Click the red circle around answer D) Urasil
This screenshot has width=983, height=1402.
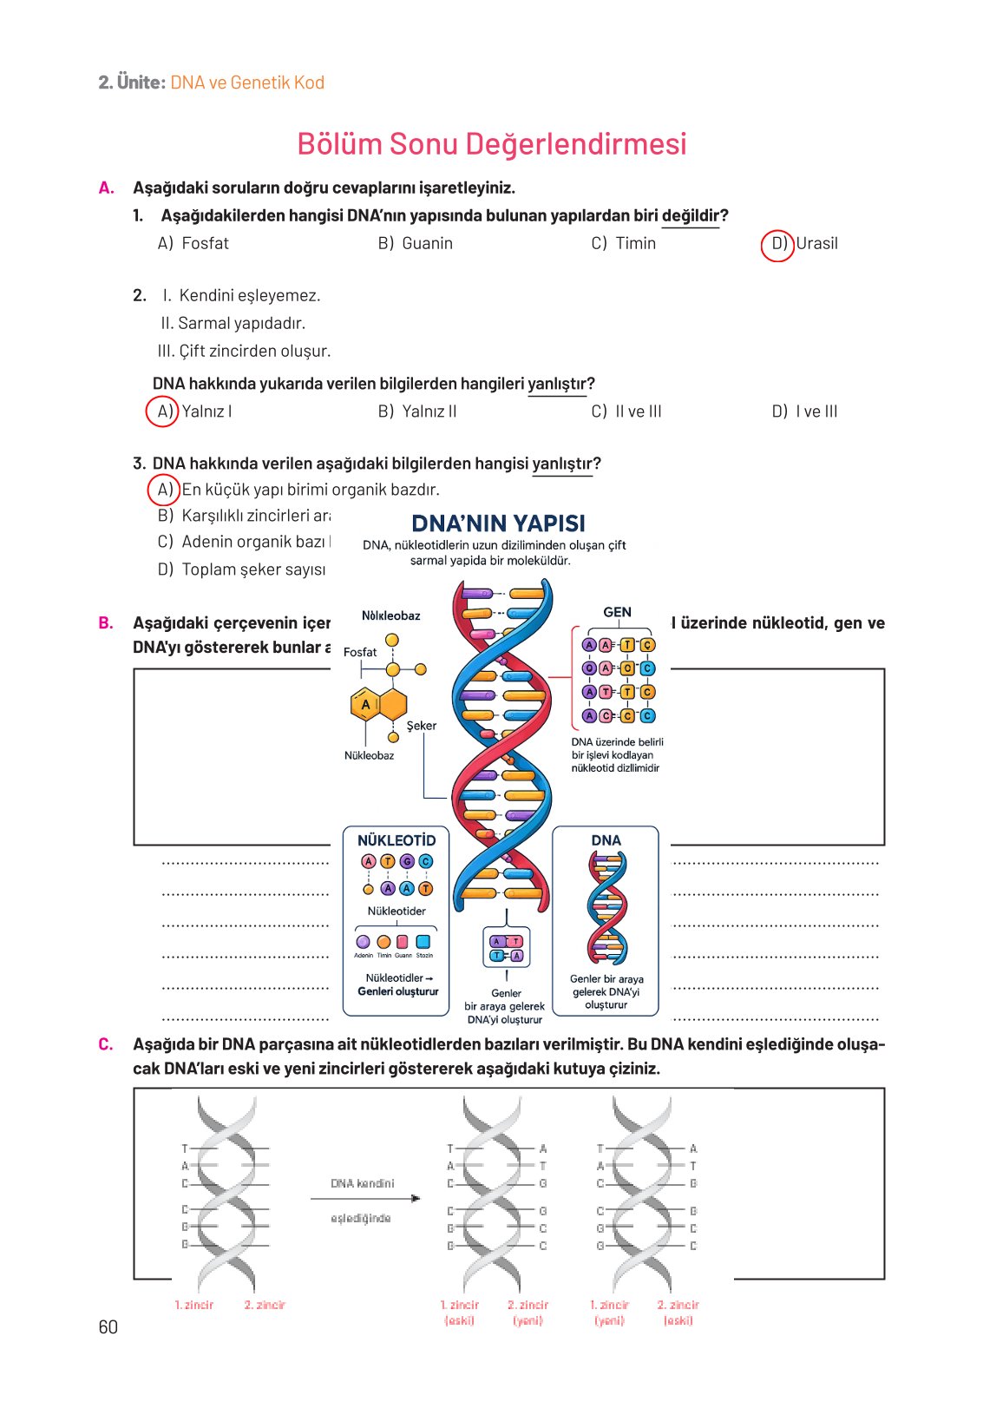coord(777,245)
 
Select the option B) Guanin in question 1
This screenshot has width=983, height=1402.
coord(416,244)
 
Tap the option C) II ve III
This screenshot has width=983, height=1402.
coord(626,411)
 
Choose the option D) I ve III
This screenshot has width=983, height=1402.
coord(804,411)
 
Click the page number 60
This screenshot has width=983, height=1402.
coord(108,1326)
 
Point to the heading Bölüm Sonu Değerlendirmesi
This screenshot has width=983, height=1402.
coord(491,144)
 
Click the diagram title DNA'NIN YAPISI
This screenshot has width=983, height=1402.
coord(498,523)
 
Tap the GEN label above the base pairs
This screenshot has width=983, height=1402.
coord(617,612)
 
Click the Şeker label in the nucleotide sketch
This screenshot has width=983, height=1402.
coord(422,726)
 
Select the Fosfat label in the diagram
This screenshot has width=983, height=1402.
coord(360,652)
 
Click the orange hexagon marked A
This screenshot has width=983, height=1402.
coord(366,704)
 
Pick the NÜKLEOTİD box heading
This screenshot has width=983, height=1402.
coord(396,840)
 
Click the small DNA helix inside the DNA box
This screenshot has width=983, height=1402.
coord(606,907)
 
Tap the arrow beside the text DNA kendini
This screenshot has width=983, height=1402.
coord(365,1199)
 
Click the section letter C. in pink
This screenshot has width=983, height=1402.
coord(106,1044)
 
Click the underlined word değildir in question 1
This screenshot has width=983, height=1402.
coord(690,215)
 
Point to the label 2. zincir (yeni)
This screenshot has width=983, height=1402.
coord(528,1313)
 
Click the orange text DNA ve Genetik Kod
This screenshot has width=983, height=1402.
coord(247,82)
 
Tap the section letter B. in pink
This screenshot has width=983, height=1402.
coord(106,622)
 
